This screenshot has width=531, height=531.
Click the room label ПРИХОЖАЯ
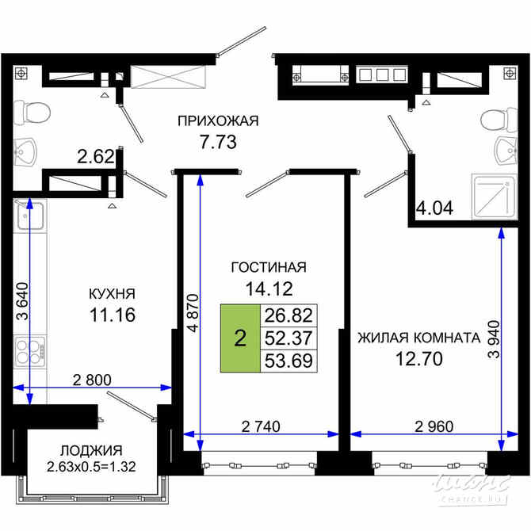coord(218,120)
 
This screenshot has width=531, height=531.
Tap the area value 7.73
coord(218,143)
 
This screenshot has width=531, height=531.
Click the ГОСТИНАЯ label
coord(268,267)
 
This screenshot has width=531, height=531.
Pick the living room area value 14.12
coord(268,289)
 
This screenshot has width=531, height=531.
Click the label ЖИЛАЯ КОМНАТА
coord(418,337)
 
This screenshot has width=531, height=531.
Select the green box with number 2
coord(239,338)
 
